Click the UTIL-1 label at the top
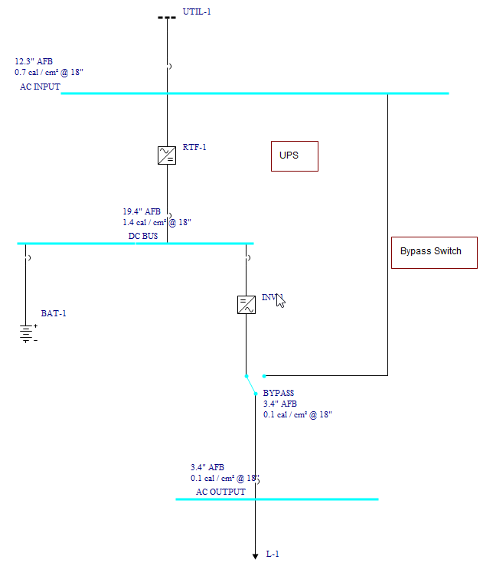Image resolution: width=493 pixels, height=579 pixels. (x=197, y=12)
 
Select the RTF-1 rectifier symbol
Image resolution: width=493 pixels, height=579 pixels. (x=167, y=155)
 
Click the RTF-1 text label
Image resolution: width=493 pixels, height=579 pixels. (x=194, y=148)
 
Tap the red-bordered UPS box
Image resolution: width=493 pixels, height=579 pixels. (x=294, y=155)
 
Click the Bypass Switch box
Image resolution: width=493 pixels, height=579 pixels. (x=434, y=252)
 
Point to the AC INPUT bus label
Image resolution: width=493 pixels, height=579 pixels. (x=40, y=87)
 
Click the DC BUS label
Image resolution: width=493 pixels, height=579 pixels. (x=143, y=237)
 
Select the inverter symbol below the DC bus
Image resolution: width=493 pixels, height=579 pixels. (x=246, y=305)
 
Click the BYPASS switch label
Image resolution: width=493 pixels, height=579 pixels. (x=279, y=393)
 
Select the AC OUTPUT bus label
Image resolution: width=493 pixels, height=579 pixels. (x=220, y=492)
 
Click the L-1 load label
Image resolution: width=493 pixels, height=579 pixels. (x=273, y=554)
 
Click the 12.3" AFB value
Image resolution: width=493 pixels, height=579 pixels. (x=34, y=61)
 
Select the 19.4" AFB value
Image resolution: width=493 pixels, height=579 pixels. (x=142, y=211)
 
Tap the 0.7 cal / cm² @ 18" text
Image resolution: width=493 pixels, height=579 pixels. (x=48, y=72)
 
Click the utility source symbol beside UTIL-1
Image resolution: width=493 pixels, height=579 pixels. (x=167, y=17)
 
